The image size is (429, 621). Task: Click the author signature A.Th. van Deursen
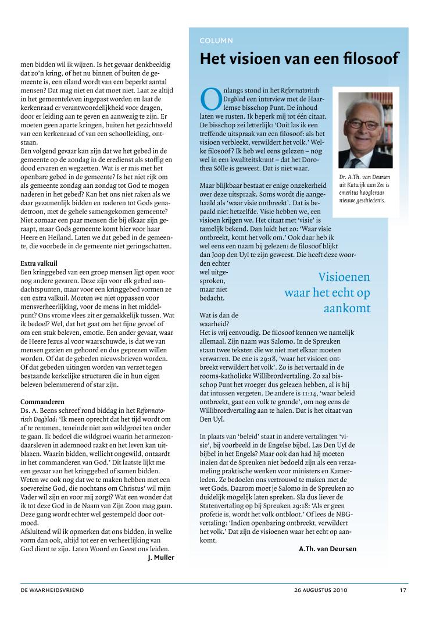328,548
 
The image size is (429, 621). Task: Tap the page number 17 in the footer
402,590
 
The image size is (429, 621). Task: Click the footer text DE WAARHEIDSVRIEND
52,590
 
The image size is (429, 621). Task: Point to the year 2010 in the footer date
339,590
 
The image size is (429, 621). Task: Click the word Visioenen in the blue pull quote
344,277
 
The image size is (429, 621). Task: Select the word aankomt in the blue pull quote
347,308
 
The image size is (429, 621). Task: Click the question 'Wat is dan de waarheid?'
214,319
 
